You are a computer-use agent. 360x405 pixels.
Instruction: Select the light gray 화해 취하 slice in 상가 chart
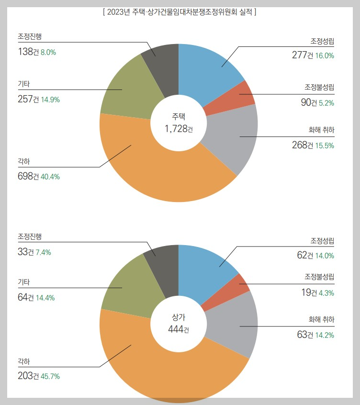tap(230, 326)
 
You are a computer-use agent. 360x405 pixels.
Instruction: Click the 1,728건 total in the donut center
tap(178, 128)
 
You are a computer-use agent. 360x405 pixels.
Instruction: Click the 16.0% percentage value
tap(325, 55)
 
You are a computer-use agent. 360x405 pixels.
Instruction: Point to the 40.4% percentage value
tap(50, 177)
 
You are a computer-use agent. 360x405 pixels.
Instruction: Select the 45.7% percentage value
tap(50, 376)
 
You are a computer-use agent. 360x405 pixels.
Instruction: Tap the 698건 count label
tap(28, 176)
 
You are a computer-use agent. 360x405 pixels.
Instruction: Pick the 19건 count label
tap(309, 292)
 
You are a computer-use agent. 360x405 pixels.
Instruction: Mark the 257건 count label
tap(28, 100)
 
